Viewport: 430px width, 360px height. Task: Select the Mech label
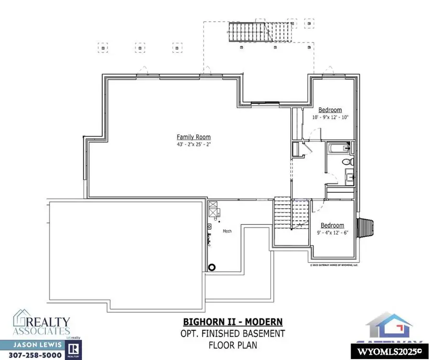tap(227, 231)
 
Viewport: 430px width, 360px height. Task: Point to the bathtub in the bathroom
tap(338, 148)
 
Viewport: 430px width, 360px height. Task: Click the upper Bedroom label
tap(330, 110)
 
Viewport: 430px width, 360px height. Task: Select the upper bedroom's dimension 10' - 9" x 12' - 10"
tap(331, 117)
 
